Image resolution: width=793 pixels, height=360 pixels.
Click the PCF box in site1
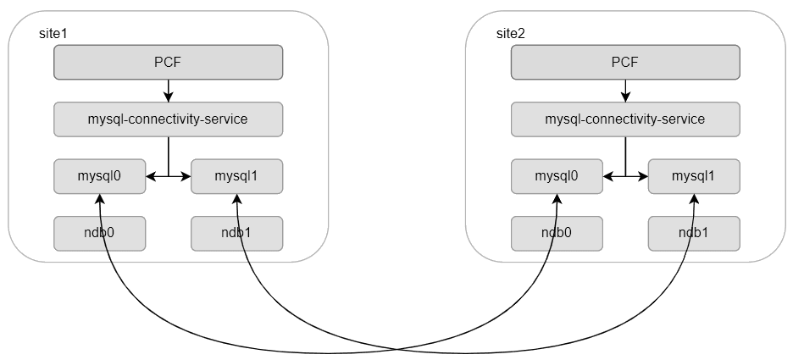click(x=168, y=62)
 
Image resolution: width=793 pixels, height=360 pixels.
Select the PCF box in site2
click(x=624, y=62)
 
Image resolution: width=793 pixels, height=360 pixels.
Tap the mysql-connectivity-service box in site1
click(x=168, y=119)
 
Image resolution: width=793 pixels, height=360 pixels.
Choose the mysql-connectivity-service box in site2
click(x=624, y=119)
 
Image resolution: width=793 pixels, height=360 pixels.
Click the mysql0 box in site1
click(x=100, y=176)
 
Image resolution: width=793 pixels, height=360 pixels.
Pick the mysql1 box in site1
click(x=236, y=176)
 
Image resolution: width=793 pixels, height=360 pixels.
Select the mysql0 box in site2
click(x=557, y=176)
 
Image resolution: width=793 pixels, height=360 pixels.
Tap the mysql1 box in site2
click(x=694, y=176)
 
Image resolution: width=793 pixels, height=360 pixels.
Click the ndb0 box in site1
click(x=100, y=233)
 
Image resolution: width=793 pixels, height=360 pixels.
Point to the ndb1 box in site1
click(x=236, y=233)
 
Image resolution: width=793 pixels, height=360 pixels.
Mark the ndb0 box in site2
click(x=557, y=233)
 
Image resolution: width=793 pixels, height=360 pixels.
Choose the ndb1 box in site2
click(x=694, y=233)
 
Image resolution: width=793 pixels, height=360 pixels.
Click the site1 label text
click(x=53, y=33)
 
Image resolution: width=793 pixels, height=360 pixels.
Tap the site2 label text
click(x=510, y=33)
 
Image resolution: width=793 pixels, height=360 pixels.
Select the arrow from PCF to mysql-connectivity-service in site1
click(x=168, y=90)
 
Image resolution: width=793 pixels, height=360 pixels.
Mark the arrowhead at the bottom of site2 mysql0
click(x=557, y=198)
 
